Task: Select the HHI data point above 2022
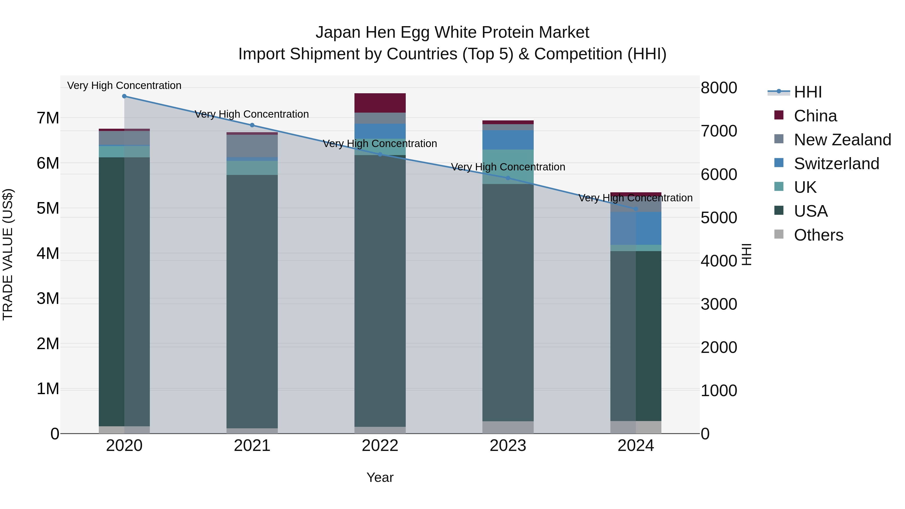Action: click(380, 155)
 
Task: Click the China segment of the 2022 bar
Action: click(380, 103)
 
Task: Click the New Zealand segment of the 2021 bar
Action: click(252, 146)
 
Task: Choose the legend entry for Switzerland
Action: click(836, 164)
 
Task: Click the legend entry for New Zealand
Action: click(842, 140)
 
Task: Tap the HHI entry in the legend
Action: click(807, 92)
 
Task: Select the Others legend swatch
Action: click(779, 234)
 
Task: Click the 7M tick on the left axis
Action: click(48, 118)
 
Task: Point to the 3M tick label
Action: click(48, 299)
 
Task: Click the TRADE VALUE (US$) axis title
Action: click(8, 254)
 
